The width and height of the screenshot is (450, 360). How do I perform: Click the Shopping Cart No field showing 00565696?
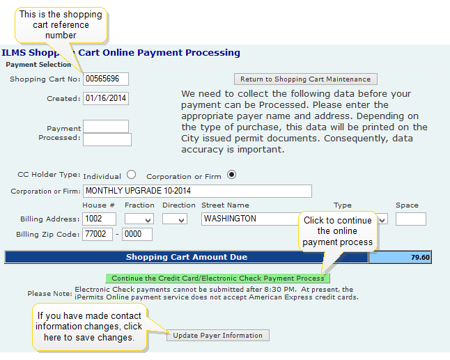106,79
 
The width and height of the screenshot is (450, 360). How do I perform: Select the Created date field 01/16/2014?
106,98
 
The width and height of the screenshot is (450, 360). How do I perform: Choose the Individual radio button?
131,174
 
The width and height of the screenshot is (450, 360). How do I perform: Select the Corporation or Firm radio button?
231,174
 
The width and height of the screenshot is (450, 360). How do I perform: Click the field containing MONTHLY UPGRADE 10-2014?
197,191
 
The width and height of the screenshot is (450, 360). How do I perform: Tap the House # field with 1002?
99,219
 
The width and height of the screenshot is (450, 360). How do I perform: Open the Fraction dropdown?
139,219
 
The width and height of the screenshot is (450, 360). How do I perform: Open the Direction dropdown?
174,219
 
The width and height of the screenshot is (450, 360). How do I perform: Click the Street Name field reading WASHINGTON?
250,219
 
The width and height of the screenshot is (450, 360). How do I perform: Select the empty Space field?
411,219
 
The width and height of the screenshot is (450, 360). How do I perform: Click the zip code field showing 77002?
98,234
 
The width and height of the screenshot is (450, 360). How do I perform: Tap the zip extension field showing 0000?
137,234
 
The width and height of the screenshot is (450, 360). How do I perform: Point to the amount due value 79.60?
420,257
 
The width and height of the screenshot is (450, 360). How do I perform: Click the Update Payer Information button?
218,336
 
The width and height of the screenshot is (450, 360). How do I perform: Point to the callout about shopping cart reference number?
61,25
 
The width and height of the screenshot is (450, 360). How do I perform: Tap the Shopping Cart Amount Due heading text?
187,257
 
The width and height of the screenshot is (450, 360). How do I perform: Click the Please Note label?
49,293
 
